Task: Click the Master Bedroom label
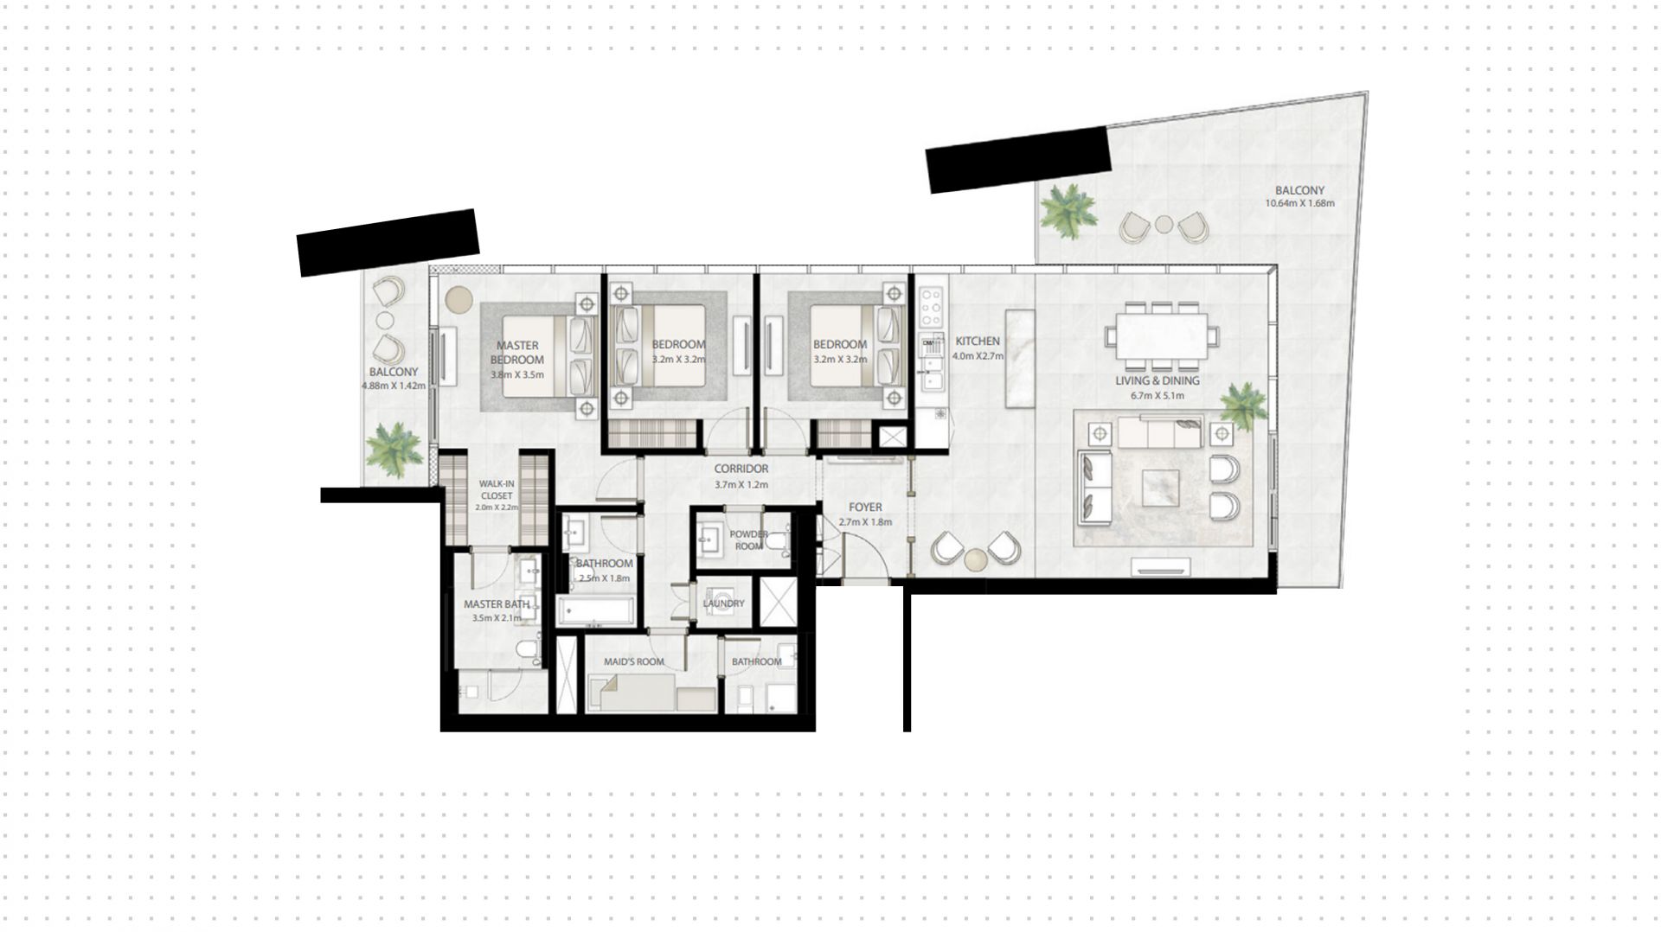tap(517, 353)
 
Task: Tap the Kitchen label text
tap(978, 342)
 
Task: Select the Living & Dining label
tap(1157, 380)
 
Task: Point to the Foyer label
tap(865, 507)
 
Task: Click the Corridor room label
tap(741, 469)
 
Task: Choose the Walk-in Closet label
tap(496, 491)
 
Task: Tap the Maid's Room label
tap(634, 662)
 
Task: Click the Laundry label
tap(724, 604)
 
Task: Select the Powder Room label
tap(748, 540)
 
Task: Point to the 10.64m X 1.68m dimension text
tap(1299, 204)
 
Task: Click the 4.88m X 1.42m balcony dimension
tap(394, 386)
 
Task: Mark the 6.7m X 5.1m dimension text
tap(1157, 396)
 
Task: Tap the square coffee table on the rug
tap(1164, 487)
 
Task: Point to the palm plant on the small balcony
tap(394, 450)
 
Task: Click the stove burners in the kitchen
tap(932, 305)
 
